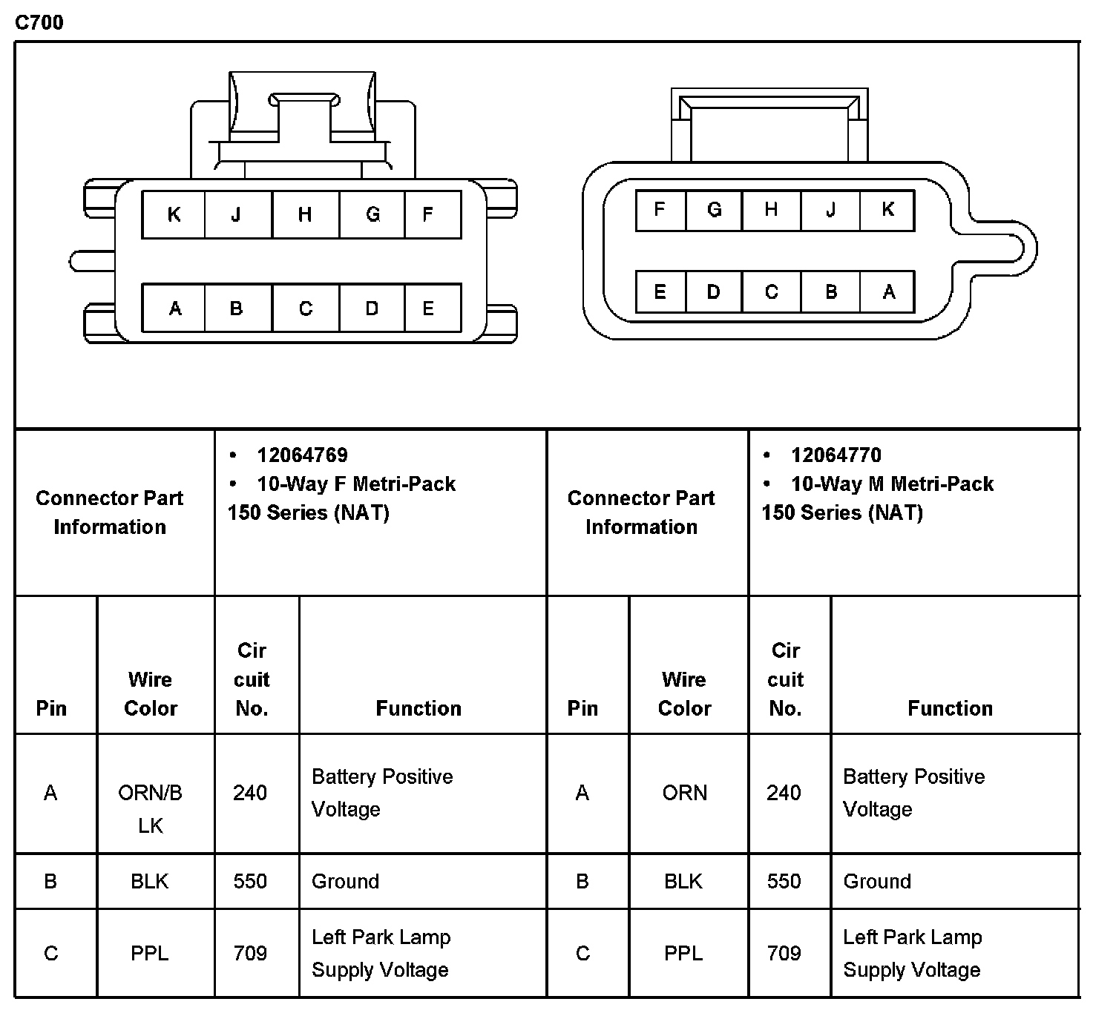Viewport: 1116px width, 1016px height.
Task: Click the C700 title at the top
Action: pyautogui.click(x=39, y=22)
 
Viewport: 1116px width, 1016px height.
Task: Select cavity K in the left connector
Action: pyautogui.click(x=174, y=214)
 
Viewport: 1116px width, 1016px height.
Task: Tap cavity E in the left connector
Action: pyautogui.click(x=428, y=308)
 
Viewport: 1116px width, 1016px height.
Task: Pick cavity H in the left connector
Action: pyautogui.click(x=305, y=214)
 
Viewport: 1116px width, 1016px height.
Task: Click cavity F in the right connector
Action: pyautogui.click(x=659, y=210)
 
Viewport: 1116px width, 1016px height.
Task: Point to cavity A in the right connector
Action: pyautogui.click(x=888, y=292)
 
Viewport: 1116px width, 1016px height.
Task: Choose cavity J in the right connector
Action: pyautogui.click(x=830, y=210)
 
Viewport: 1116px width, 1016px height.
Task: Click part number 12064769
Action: pyautogui.click(x=302, y=455)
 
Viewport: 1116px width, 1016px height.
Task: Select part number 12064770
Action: pyautogui.click(x=836, y=455)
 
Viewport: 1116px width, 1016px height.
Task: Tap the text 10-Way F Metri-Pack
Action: pyautogui.click(x=356, y=484)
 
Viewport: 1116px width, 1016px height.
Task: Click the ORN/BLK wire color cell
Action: pyautogui.click(x=151, y=808)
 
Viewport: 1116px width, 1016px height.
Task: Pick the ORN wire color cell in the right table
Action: pyautogui.click(x=684, y=793)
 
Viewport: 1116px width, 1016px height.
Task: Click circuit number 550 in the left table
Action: pyautogui.click(x=250, y=881)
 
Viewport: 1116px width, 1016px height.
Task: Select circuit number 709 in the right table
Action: pyautogui.click(x=784, y=953)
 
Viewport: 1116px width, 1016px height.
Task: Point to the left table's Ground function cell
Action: pyautogui.click(x=346, y=881)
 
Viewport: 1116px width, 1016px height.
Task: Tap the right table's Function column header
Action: pyautogui.click(x=950, y=708)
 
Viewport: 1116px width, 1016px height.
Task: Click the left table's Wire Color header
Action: pyautogui.click(x=151, y=693)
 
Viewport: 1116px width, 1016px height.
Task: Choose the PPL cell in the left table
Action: pyautogui.click(x=150, y=953)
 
